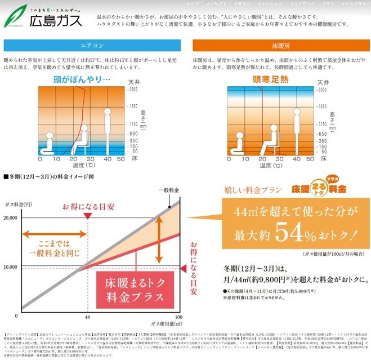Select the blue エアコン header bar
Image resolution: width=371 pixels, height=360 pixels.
point(93,46)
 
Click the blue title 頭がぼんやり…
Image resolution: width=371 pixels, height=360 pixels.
point(83,79)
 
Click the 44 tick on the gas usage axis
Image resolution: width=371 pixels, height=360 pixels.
point(88,318)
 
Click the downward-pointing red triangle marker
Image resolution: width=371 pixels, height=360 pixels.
point(88,216)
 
